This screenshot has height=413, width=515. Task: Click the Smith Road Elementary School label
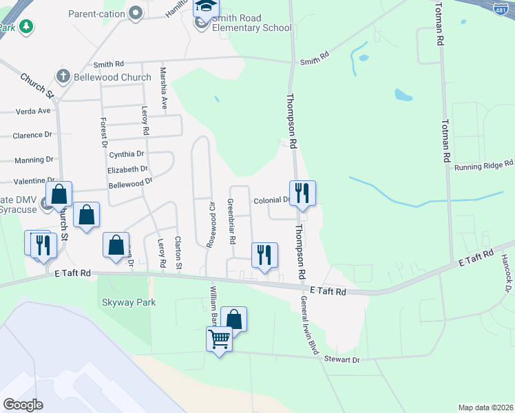[x=252, y=23]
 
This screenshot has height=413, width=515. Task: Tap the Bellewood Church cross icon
[x=63, y=76]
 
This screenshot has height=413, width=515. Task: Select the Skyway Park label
[x=129, y=302]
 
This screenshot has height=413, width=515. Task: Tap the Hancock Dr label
[x=507, y=273]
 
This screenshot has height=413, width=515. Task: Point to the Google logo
[x=23, y=404]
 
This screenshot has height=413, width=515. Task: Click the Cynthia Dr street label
[x=125, y=154]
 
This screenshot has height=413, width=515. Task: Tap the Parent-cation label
[x=97, y=12]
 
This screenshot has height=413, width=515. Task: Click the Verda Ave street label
[x=34, y=111]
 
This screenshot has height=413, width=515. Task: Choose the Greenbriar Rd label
[x=232, y=222]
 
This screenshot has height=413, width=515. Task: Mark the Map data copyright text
[x=485, y=407]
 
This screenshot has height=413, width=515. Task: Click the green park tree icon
[x=26, y=27]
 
